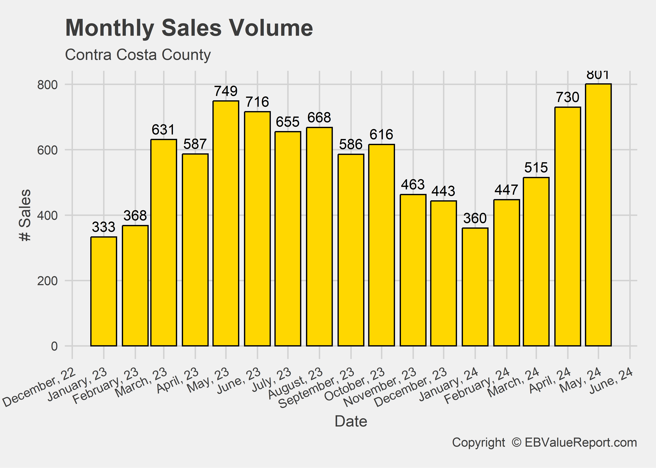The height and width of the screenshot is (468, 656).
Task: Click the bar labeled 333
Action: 104,291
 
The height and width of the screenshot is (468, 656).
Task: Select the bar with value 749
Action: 226,223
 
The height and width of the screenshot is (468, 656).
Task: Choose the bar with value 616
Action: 381,245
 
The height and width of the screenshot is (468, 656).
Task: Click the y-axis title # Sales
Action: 25,215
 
